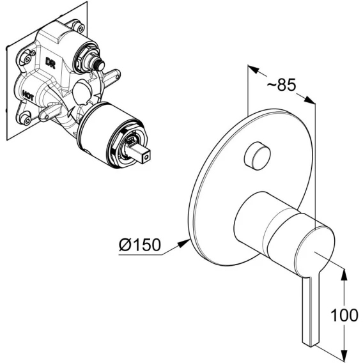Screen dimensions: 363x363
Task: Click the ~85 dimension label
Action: [x=281, y=84]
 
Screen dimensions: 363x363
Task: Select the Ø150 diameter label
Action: [x=139, y=245]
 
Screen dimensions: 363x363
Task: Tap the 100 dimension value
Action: [x=344, y=315]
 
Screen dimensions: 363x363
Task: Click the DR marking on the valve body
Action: [x=50, y=63]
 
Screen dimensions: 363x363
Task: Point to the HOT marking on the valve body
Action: [x=28, y=95]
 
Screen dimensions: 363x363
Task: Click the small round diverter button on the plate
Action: [x=257, y=156]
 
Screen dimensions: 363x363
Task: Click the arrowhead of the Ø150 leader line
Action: [x=183, y=243]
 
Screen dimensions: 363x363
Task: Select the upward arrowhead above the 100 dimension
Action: [x=344, y=275]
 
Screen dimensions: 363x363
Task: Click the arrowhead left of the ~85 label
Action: [x=254, y=69]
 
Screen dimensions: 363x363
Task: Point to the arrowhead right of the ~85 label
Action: [x=309, y=100]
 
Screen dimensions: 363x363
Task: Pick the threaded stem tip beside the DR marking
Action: [x=100, y=66]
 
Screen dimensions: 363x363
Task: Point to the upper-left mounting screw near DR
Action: [x=26, y=58]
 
